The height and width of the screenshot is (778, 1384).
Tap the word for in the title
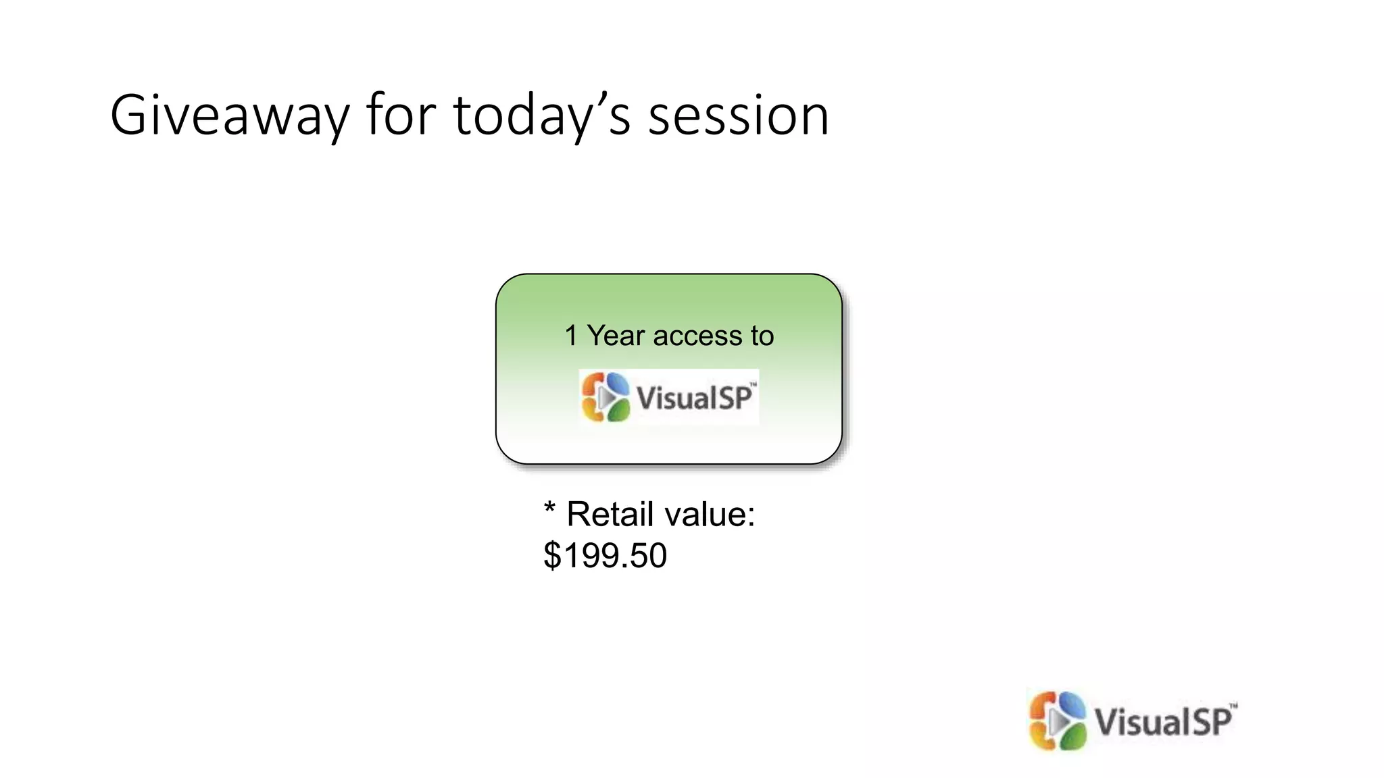coord(401,115)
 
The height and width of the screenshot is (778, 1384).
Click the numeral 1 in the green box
coord(571,336)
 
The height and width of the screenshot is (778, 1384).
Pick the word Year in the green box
coord(616,336)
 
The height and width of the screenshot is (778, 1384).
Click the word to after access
coord(762,336)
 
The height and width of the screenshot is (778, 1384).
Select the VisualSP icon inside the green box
coord(605,397)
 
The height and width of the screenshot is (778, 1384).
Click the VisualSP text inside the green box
coord(693,398)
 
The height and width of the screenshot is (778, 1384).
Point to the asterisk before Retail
coord(549,509)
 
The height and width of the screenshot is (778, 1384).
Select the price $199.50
coord(605,556)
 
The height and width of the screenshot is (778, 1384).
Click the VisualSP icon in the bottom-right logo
coord(1058,721)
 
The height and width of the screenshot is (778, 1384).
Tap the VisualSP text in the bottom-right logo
coord(1162,722)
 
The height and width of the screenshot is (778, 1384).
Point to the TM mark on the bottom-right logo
coord(1233,706)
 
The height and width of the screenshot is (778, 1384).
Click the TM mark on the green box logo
coord(753,384)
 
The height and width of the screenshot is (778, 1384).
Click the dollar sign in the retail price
coord(552,556)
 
